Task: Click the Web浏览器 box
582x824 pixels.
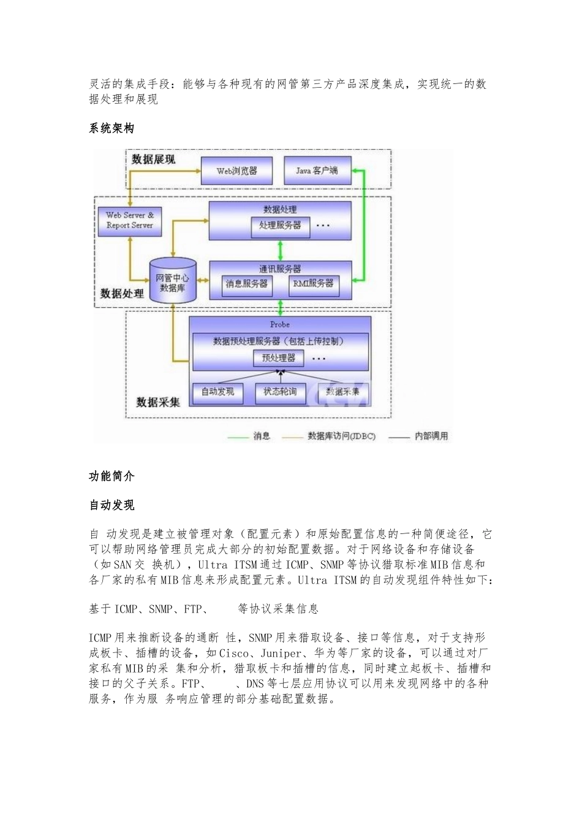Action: point(236,171)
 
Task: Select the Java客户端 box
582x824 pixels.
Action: point(317,170)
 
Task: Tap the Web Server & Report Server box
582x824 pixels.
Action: point(129,221)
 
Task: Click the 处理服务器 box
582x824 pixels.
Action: point(280,226)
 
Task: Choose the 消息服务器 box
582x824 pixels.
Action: point(246,284)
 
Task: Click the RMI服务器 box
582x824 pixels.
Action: point(313,284)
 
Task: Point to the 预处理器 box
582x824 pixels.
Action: point(278,357)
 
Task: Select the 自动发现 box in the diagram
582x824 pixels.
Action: point(217,392)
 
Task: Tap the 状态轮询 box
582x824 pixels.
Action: point(279,392)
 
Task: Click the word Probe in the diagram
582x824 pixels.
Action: point(279,324)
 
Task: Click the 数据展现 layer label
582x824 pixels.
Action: point(153,159)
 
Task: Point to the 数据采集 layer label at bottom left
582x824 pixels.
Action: point(158,402)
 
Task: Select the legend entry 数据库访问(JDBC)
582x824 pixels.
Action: point(341,436)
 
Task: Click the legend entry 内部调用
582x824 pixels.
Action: point(431,436)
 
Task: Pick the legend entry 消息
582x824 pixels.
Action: point(262,436)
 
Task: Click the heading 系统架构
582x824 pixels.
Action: point(111,128)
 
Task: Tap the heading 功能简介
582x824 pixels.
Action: point(111,476)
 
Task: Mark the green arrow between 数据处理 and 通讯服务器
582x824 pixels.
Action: point(281,251)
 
